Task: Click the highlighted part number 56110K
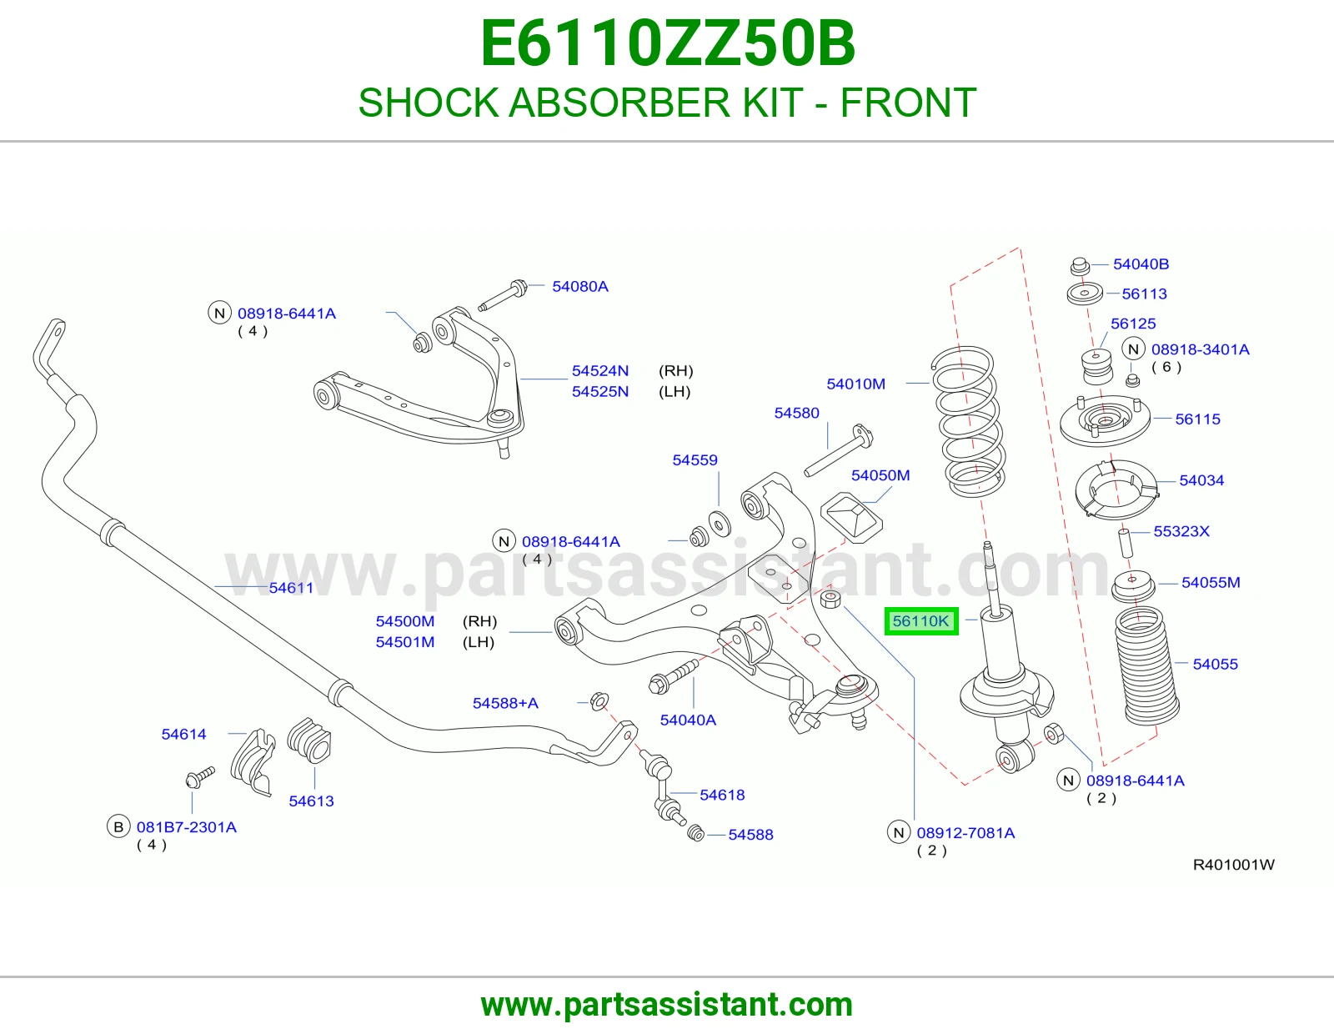point(920,620)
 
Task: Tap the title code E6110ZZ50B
point(667,43)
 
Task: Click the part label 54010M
point(855,384)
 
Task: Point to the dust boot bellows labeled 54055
point(1146,666)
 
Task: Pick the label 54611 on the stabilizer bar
point(291,588)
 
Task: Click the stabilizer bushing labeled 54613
point(309,740)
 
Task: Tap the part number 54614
point(183,734)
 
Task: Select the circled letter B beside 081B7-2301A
point(118,826)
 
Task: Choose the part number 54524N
point(599,371)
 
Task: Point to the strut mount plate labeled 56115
point(1105,422)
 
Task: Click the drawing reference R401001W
point(1233,865)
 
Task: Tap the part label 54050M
point(880,475)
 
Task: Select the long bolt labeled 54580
point(839,450)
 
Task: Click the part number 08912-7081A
point(965,832)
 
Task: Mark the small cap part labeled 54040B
point(1080,267)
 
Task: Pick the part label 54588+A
point(505,703)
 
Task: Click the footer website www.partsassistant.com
point(667,1005)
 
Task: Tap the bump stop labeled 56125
point(1096,367)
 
